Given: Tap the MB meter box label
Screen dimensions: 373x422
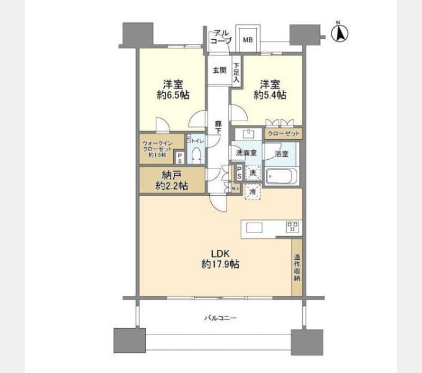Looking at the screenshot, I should click(x=248, y=40).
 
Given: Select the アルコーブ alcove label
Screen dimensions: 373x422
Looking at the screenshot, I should click(x=220, y=36).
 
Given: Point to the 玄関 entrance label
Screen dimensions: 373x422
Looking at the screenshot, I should click(x=219, y=70).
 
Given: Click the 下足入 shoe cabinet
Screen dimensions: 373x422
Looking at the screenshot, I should click(x=236, y=73).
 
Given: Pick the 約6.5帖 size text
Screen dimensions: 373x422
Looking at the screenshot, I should click(x=173, y=96).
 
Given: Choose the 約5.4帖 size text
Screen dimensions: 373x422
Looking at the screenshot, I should click(x=269, y=96).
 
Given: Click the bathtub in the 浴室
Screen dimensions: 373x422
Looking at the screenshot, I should click(x=282, y=176).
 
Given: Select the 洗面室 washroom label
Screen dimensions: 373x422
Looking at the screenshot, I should click(x=247, y=152).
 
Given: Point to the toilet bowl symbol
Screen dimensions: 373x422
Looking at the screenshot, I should click(x=197, y=156).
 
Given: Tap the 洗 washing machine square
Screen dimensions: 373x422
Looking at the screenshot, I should click(x=252, y=172).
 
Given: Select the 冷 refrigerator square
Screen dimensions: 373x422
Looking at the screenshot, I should click(x=252, y=192).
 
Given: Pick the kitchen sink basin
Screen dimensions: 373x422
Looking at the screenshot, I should click(x=255, y=228).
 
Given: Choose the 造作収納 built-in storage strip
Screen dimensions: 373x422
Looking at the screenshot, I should click(x=297, y=267).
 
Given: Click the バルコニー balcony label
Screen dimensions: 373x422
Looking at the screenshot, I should click(x=220, y=318).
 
